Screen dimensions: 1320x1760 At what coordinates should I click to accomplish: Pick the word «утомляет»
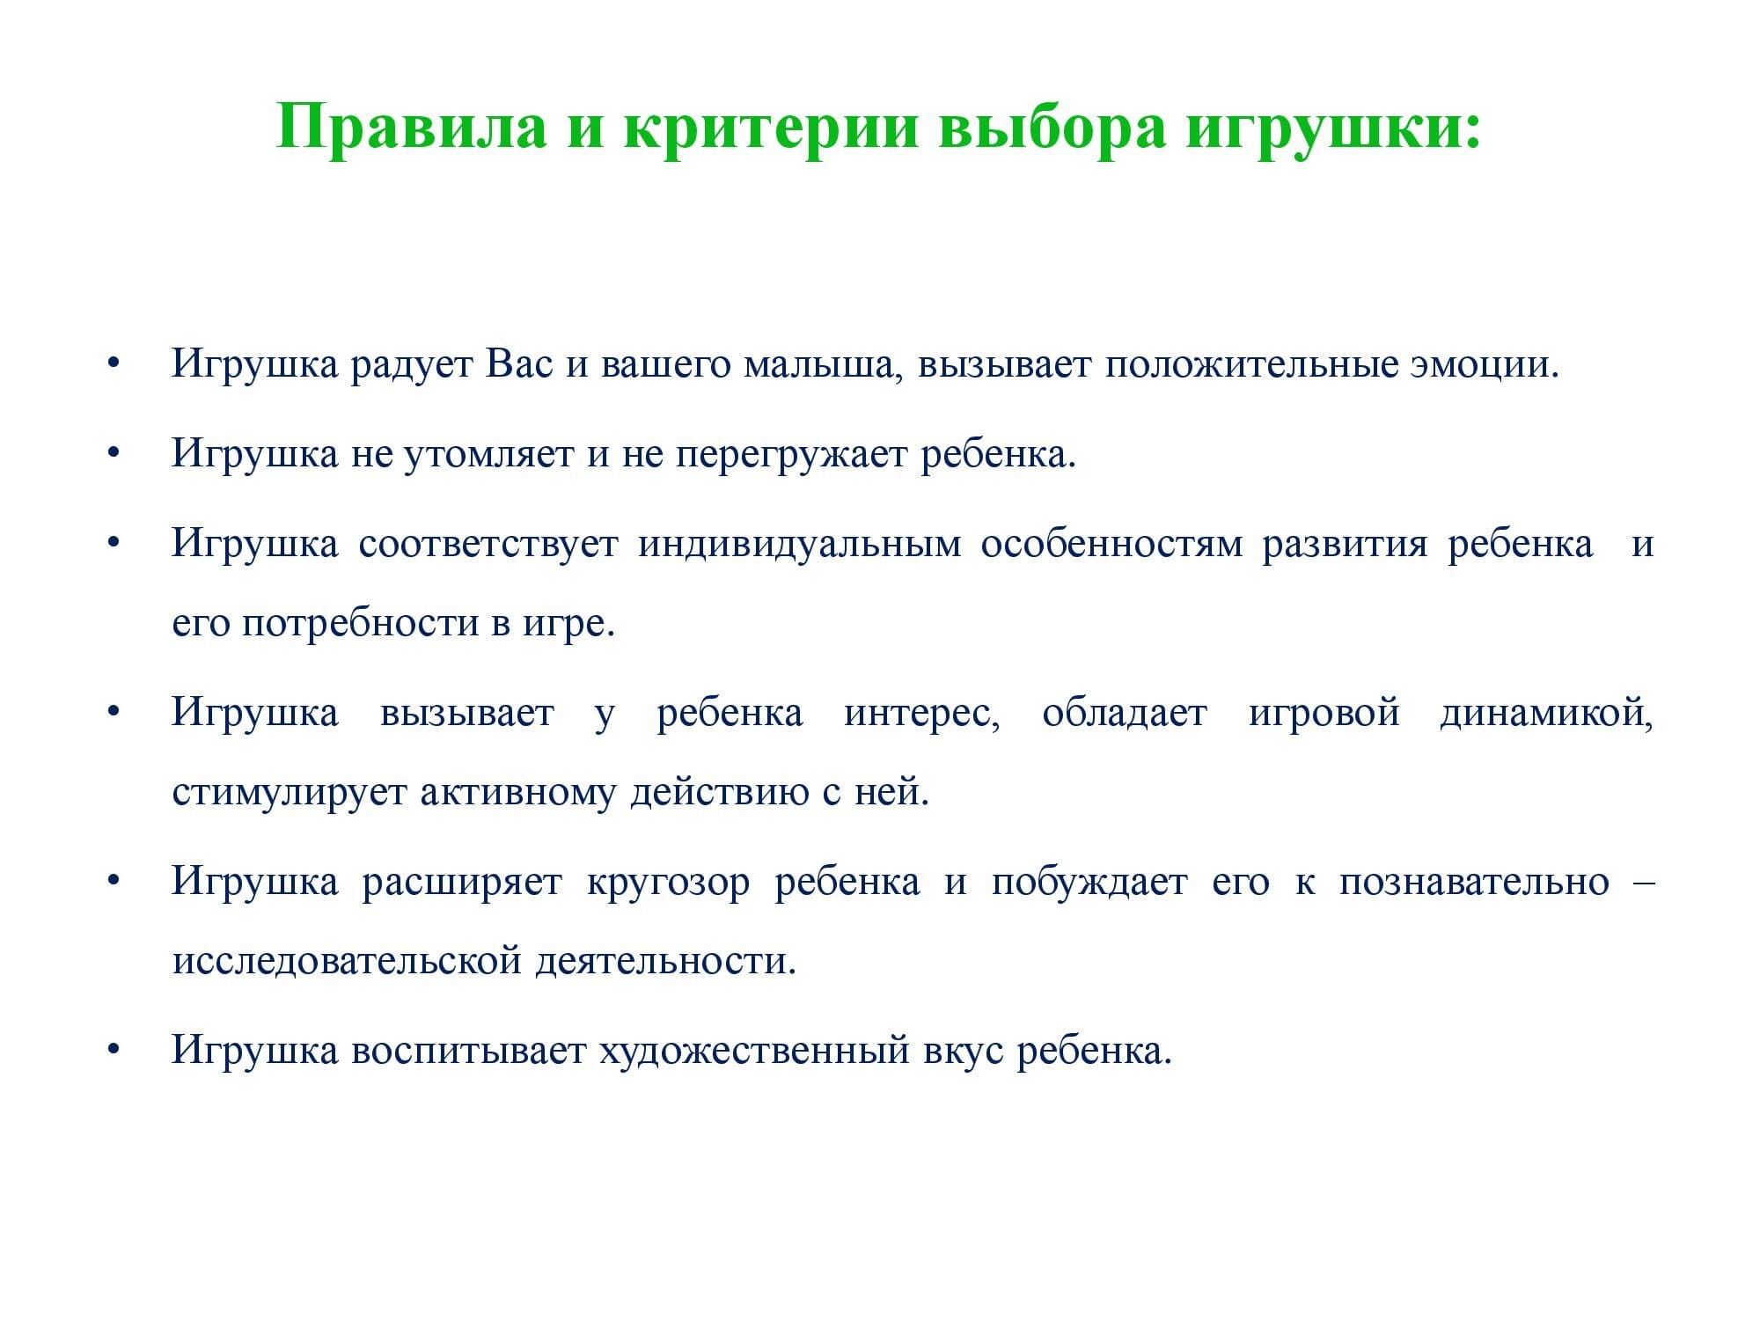pos(489,454)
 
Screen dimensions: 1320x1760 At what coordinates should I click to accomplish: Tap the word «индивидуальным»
pos(800,544)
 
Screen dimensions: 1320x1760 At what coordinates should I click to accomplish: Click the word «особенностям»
pos(1111,544)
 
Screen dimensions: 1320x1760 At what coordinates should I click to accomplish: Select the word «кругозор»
pos(668,882)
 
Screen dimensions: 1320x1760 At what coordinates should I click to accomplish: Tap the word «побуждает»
pos(1089,882)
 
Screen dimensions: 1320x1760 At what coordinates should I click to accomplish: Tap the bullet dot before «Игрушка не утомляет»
pos(113,454)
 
